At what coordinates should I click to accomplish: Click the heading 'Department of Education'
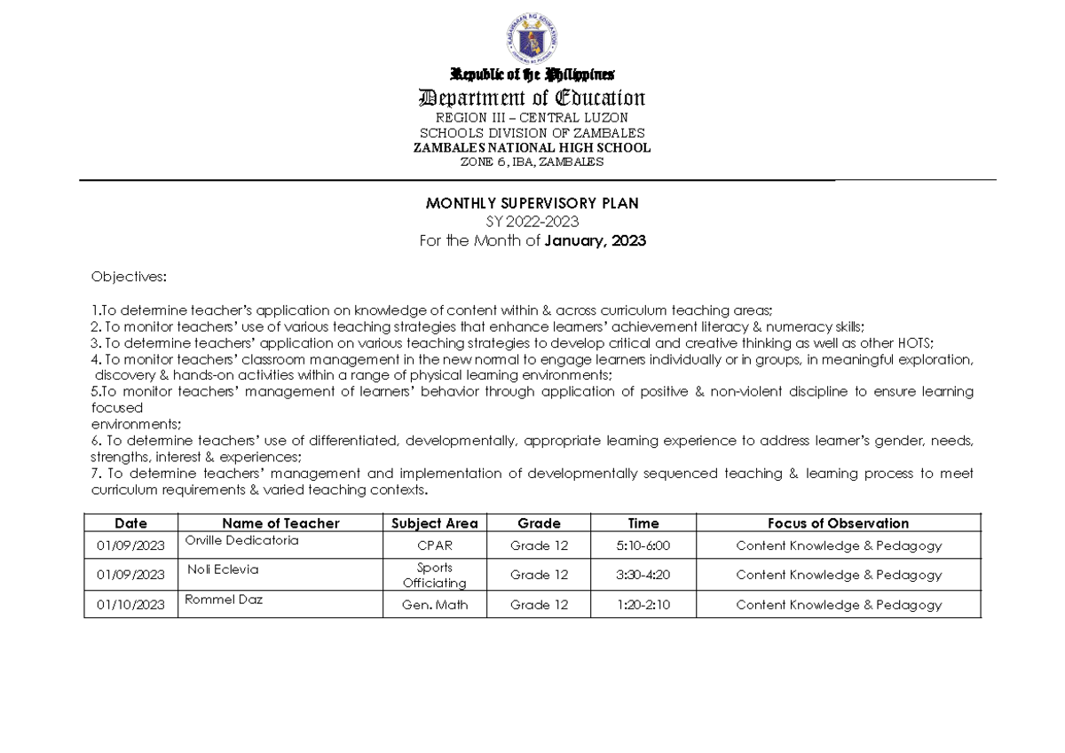[532, 98]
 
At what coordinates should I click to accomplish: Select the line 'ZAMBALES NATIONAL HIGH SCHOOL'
[532, 148]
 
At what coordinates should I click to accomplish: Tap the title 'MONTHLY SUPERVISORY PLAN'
[532, 204]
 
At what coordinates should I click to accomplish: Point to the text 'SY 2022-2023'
[532, 223]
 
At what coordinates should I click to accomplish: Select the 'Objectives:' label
[128, 277]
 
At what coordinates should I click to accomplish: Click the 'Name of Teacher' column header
[280, 523]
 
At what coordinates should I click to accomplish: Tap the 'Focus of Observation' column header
[838, 523]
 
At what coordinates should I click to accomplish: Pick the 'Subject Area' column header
[435, 523]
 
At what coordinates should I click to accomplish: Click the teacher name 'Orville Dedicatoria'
[241, 540]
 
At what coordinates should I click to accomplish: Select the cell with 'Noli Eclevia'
[223, 569]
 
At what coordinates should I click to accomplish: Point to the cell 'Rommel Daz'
[224, 600]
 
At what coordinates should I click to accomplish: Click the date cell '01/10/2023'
[130, 605]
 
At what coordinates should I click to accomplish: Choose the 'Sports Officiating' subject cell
[435, 575]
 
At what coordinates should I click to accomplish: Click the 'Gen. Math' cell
[435, 605]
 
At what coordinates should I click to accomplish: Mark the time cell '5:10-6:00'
[643, 546]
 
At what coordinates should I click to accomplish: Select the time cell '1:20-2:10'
[643, 605]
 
